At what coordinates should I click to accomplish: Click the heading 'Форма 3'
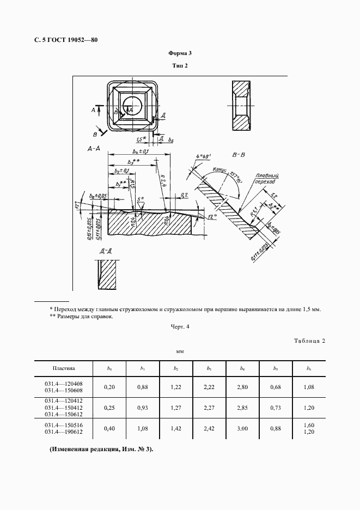(180, 53)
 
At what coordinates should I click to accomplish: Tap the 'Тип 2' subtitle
(180, 66)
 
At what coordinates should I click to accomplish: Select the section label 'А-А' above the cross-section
(93, 148)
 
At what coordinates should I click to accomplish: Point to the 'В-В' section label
(238, 156)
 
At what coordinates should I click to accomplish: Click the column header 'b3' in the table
(209, 368)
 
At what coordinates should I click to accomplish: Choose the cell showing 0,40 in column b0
(109, 429)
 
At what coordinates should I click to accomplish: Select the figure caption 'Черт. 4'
(180, 327)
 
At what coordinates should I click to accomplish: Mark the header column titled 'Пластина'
(64, 368)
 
